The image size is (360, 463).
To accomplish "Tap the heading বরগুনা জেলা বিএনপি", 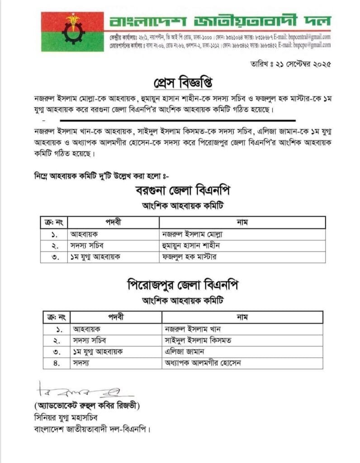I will (x=183, y=191).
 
